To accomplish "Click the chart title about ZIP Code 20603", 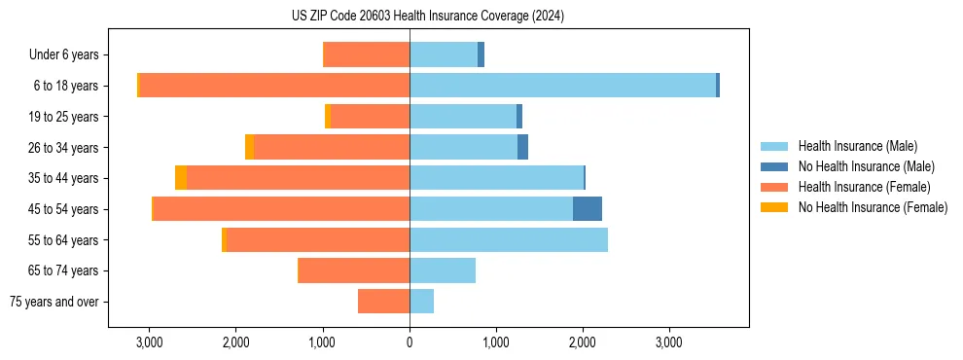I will (x=427, y=17).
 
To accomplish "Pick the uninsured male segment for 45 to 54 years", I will (x=588, y=209).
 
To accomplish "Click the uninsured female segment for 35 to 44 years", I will (x=181, y=178).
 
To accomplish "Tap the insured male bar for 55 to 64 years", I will (x=509, y=239).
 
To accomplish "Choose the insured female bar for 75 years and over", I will (x=383, y=302).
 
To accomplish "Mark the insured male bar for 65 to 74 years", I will (x=443, y=270).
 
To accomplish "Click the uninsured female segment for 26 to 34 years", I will (x=250, y=147).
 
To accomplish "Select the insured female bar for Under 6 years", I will (x=366, y=55).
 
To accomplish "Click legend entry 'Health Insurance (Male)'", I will (x=856, y=146).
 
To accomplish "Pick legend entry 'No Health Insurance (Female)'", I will (x=873, y=207).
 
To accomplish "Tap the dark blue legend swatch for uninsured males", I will (x=775, y=166).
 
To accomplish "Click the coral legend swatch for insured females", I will (x=775, y=187).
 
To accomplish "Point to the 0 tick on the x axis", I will (x=410, y=342).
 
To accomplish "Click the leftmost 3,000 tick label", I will (x=149, y=342).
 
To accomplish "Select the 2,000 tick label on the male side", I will (x=583, y=342).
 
